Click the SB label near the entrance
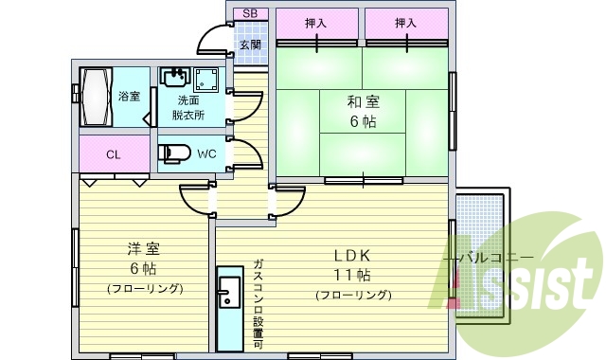click(x=250, y=13)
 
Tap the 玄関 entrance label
click(x=250, y=45)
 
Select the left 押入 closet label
click(x=317, y=23)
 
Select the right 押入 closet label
click(x=406, y=23)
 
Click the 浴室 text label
click(x=129, y=97)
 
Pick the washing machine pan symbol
click(x=207, y=80)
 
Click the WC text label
click(x=209, y=153)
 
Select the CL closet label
click(x=113, y=154)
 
